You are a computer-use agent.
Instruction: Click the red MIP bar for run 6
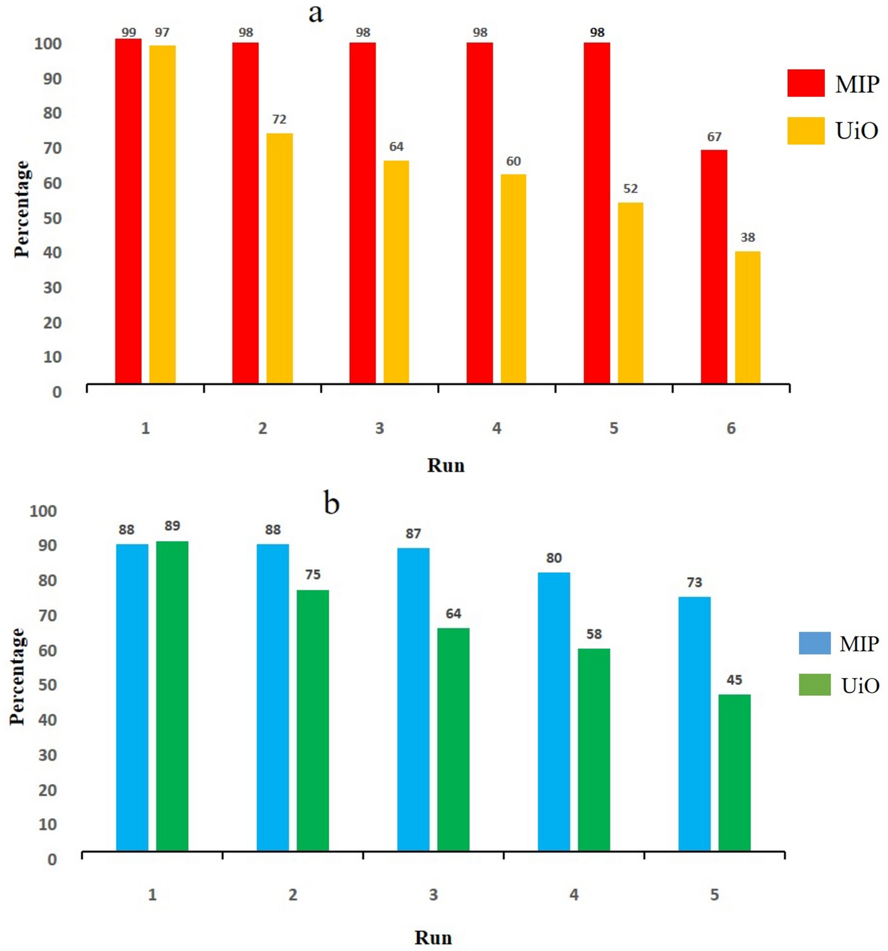coord(714,267)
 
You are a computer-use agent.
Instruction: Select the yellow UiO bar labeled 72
coord(279,258)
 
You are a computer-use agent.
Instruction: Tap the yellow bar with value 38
coord(748,317)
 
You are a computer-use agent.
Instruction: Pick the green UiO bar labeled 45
coord(734,772)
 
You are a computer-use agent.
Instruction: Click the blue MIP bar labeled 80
coord(554,711)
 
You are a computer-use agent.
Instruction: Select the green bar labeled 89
coord(172,696)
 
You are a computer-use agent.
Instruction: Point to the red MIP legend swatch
coord(806,83)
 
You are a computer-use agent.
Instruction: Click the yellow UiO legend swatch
coord(806,131)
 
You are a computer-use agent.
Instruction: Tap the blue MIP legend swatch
coord(815,644)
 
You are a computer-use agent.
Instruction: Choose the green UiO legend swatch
coord(815,685)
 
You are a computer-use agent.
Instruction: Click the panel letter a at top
coord(315,13)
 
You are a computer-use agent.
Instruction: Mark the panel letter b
coord(331,502)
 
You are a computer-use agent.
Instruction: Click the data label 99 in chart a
coord(129,33)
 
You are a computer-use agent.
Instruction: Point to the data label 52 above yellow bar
coord(630,189)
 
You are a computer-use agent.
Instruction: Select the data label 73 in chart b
coord(694,583)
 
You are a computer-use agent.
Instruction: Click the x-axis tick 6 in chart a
coord(731,428)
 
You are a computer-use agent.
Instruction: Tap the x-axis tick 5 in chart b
coord(714,895)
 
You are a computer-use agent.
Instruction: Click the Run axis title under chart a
coord(446,465)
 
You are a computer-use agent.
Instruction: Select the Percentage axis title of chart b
coord(18,677)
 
